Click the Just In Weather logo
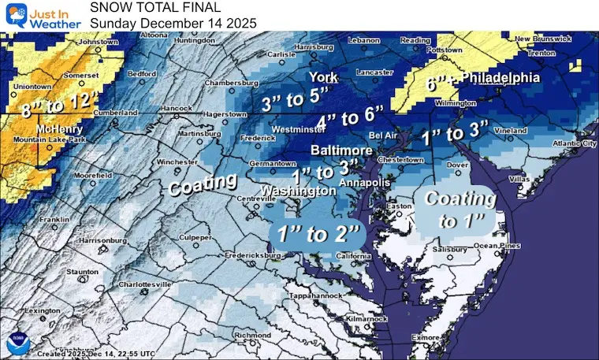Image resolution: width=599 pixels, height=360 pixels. click(x=41, y=15)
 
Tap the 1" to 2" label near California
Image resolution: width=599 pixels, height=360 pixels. click(x=315, y=233)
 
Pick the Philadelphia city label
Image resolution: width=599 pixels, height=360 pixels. click(x=500, y=78)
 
